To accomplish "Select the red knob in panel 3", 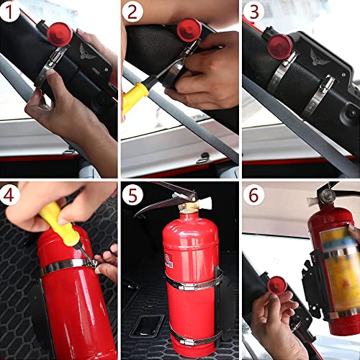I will point(279,45).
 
